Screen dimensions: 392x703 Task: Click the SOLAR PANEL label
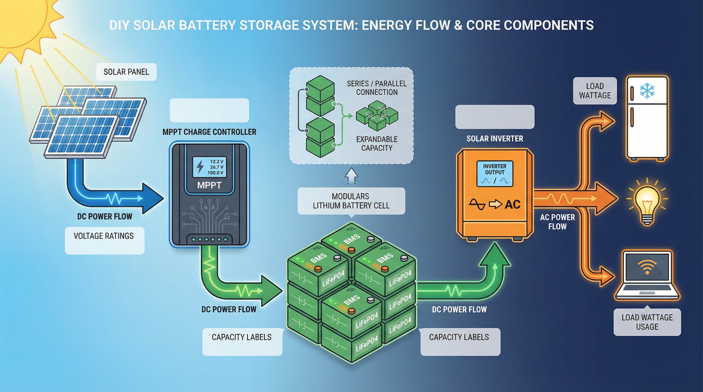(x=126, y=72)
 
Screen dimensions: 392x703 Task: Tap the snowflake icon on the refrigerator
(x=647, y=91)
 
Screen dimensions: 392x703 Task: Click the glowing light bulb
(x=647, y=202)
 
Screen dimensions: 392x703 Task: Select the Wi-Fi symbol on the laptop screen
(x=647, y=267)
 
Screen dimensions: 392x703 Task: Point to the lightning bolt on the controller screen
(x=200, y=167)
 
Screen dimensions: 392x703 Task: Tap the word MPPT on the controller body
(x=209, y=185)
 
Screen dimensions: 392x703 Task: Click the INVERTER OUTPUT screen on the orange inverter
(x=495, y=174)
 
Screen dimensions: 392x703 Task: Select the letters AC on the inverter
(x=512, y=204)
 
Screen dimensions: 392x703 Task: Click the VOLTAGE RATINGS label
(x=104, y=236)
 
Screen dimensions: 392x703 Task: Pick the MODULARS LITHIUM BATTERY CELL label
(x=351, y=201)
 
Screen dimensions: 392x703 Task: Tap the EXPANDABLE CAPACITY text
(x=377, y=144)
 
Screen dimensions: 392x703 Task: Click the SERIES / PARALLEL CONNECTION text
(x=377, y=88)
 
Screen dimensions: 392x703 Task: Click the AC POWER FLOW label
(x=557, y=222)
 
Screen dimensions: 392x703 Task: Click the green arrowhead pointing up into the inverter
(x=495, y=255)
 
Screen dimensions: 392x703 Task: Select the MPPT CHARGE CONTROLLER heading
(x=209, y=132)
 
